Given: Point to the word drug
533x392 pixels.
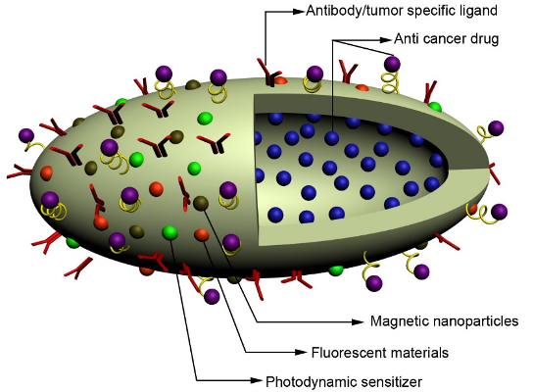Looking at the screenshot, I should pos(485,39).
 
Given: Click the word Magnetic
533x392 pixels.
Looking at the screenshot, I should pos(399,320).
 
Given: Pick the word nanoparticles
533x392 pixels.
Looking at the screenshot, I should pos(472,320).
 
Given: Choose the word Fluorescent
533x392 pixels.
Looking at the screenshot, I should pos(345,352).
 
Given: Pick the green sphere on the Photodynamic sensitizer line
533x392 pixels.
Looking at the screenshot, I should pos(170,232).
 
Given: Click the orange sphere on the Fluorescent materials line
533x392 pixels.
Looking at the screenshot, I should pos(202,234).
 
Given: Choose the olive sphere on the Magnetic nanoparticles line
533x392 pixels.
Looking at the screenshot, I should pos(201,203).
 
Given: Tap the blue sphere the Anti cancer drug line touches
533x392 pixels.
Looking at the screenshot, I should pos(332,138).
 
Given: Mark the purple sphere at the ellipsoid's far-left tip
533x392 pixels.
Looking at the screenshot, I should pos(26,134).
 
